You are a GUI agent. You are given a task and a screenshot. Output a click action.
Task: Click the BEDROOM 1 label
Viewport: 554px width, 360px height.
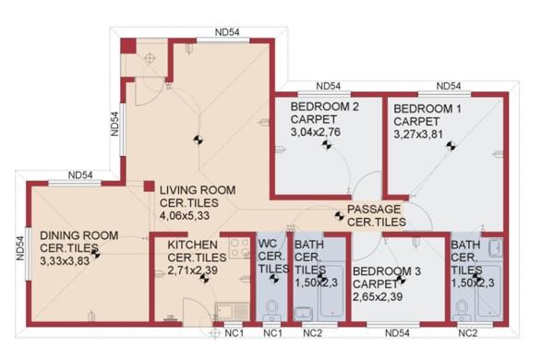(428, 109)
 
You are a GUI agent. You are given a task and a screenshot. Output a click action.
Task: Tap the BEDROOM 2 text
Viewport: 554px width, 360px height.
(324, 106)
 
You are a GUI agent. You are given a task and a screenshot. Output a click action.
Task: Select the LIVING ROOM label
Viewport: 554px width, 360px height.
(198, 190)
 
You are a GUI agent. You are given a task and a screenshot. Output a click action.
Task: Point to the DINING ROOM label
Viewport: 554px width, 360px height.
(79, 235)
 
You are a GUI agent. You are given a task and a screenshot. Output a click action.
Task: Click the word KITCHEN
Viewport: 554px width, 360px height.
(193, 245)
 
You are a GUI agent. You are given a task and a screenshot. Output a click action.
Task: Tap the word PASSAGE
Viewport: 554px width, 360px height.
(374, 210)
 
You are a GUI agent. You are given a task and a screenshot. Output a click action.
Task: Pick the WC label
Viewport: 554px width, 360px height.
(268, 244)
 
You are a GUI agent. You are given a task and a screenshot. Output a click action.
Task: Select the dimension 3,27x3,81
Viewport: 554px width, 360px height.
(418, 135)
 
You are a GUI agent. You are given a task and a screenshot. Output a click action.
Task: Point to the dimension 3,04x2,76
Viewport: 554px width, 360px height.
(316, 132)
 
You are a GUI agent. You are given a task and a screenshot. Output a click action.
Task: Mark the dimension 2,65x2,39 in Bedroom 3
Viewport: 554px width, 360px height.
(378, 296)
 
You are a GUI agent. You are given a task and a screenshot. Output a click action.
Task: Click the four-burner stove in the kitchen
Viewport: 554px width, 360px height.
(239, 247)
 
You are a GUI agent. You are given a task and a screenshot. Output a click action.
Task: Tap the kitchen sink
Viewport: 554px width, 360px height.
(232, 312)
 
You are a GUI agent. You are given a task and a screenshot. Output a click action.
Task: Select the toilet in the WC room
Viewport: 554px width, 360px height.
(272, 310)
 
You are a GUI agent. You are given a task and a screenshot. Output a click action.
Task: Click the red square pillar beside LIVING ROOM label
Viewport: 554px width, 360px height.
(149, 186)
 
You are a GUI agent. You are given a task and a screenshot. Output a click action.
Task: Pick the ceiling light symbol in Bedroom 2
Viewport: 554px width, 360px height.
(327, 144)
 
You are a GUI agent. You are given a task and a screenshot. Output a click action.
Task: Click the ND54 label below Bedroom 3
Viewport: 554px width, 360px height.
(397, 333)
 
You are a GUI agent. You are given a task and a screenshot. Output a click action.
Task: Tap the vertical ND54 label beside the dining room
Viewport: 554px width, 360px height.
(20, 248)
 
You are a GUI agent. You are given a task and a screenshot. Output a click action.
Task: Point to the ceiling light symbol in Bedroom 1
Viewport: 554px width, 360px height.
(451, 146)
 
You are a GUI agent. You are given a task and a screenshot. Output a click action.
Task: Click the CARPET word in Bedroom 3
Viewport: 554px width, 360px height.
(375, 284)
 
